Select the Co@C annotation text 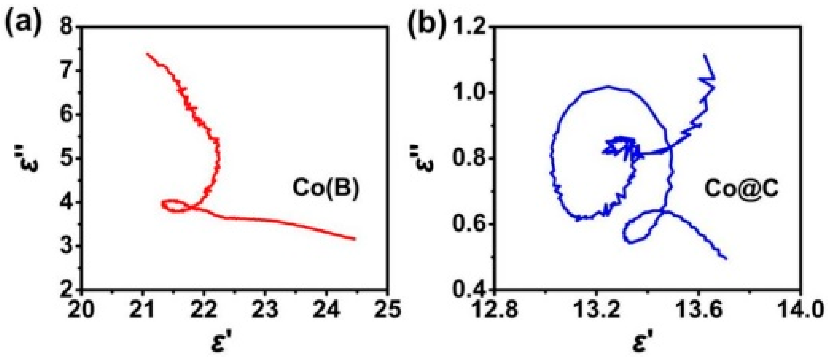point(741,188)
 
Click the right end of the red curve point(354,239)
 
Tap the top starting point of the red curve point(147,54)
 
